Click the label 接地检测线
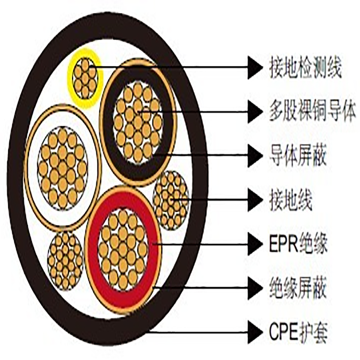pos(305,69)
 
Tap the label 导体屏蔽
pos(298,156)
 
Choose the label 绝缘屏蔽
pos(298,288)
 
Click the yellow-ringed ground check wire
pos(85,78)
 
